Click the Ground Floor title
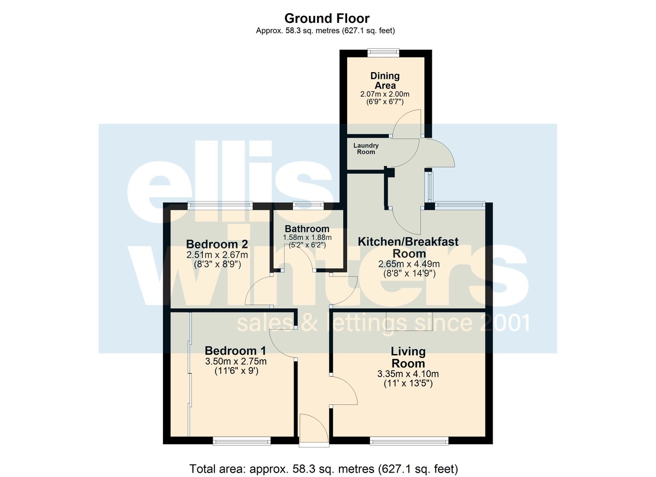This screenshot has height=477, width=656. coord(327,19)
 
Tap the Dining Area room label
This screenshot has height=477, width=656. coord(385,80)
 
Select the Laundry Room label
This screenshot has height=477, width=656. coord(366,149)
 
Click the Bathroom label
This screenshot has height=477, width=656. coord(307,229)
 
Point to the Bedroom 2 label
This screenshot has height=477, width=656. coord(217,244)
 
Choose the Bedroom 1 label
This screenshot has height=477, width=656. coord(236,351)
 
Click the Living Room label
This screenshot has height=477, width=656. coord(408,357)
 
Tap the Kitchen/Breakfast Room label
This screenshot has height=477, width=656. coord(408,248)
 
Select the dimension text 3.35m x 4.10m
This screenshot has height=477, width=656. coord(408,374)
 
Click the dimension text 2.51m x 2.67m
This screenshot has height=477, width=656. coord(217,255)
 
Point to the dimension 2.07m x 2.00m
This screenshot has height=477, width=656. coord(385,94)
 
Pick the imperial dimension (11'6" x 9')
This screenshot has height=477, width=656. coord(236,371)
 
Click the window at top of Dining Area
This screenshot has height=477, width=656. coord(383,52)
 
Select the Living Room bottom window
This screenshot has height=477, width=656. coord(409,441)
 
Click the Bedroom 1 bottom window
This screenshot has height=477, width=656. coord(242,441)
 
